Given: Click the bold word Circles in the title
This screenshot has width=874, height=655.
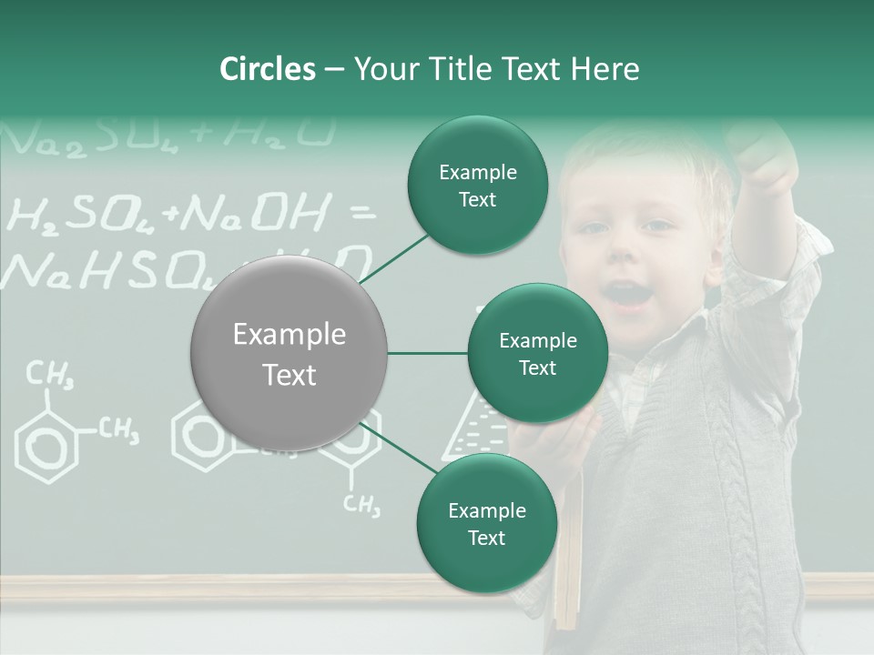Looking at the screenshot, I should pyautogui.click(x=267, y=69).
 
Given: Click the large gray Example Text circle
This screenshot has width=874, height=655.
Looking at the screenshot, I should pyautogui.click(x=289, y=354).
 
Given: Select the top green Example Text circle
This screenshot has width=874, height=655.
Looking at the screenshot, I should pyautogui.click(x=477, y=186).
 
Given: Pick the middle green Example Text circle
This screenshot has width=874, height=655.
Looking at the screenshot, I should pyautogui.click(x=537, y=353).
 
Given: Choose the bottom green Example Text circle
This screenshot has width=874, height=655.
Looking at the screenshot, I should pyautogui.click(x=486, y=523).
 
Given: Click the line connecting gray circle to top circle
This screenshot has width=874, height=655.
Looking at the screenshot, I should pyautogui.click(x=393, y=259).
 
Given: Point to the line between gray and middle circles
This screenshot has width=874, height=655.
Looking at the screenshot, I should pyautogui.click(x=427, y=353).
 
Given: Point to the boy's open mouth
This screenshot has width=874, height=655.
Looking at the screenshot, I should pyautogui.click(x=626, y=294).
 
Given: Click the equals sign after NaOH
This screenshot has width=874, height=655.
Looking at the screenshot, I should pyautogui.click(x=362, y=215).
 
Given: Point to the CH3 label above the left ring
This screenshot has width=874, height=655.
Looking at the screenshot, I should pyautogui.click(x=50, y=373).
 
